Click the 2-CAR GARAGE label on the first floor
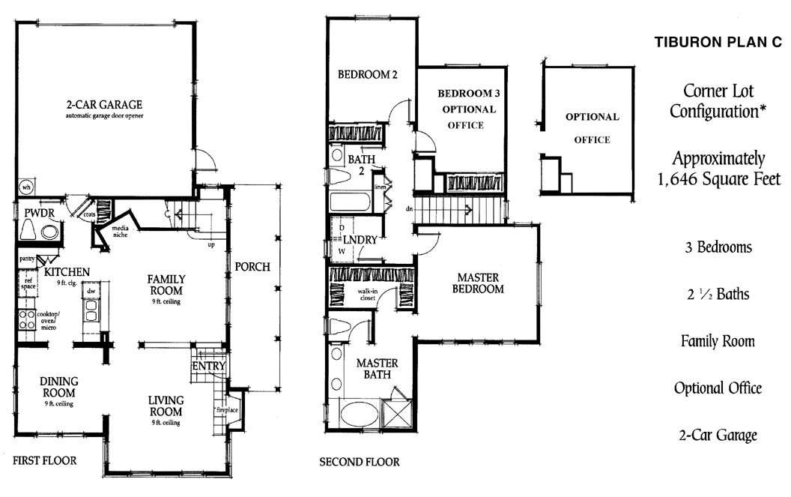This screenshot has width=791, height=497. (x=104, y=104)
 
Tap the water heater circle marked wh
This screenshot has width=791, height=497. (x=26, y=187)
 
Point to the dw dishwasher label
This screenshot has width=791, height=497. (x=91, y=290)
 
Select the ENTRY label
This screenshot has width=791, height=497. (x=209, y=366)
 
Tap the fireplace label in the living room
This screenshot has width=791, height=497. (x=226, y=411)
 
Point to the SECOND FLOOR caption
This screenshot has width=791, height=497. (x=360, y=462)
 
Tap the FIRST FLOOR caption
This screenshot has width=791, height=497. (x=44, y=459)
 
